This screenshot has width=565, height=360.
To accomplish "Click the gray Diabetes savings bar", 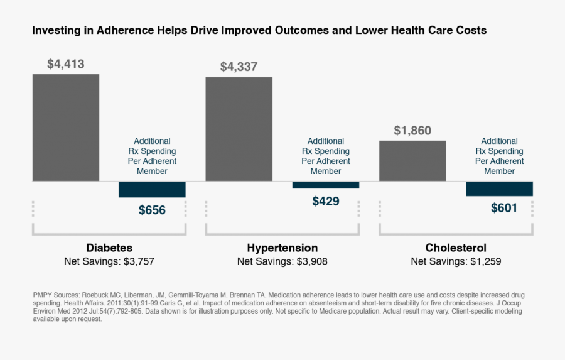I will pyautogui.click(x=66, y=128).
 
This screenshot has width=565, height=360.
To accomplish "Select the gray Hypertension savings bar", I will pyautogui.click(x=239, y=129).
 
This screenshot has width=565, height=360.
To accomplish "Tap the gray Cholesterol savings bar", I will pyautogui.click(x=412, y=160).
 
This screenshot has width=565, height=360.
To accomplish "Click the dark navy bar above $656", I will pyautogui.click(x=152, y=189).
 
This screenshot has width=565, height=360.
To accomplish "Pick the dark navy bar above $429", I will pyautogui.click(x=325, y=185).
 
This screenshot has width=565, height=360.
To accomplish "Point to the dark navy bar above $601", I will pyautogui.click(x=499, y=188).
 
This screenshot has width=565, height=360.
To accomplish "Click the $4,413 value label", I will pyautogui.click(x=66, y=64).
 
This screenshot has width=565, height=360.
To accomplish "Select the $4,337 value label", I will pyautogui.click(x=239, y=67).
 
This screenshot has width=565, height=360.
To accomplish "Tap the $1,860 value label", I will pyautogui.click(x=412, y=131).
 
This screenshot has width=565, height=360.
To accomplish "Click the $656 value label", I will pyautogui.click(x=152, y=210).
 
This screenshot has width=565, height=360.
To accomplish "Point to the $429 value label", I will pyautogui.click(x=325, y=201).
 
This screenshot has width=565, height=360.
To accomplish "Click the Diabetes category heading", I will pyautogui.click(x=109, y=248).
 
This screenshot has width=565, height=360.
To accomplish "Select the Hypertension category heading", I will pyautogui.click(x=282, y=248).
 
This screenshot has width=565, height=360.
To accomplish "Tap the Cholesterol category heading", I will pyautogui.click(x=456, y=248).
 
